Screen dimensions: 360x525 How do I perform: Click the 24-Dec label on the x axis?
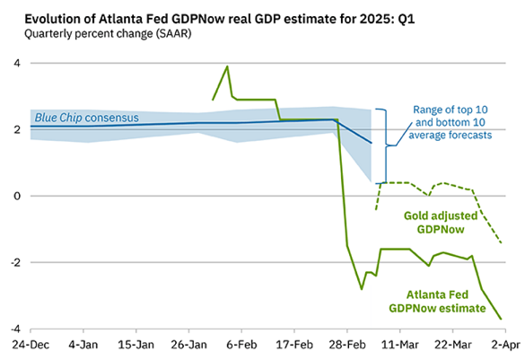(x=30, y=345)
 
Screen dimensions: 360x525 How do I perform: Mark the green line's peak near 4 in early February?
(x=227, y=66)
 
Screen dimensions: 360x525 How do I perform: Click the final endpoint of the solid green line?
(x=501, y=319)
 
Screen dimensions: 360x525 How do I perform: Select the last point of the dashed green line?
(x=501, y=242)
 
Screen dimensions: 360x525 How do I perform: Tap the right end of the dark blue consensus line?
(x=371, y=143)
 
